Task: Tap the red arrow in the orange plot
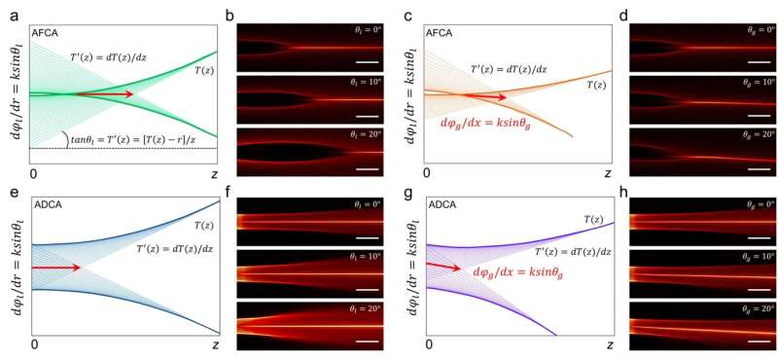(482, 96)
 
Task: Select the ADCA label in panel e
(49, 205)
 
